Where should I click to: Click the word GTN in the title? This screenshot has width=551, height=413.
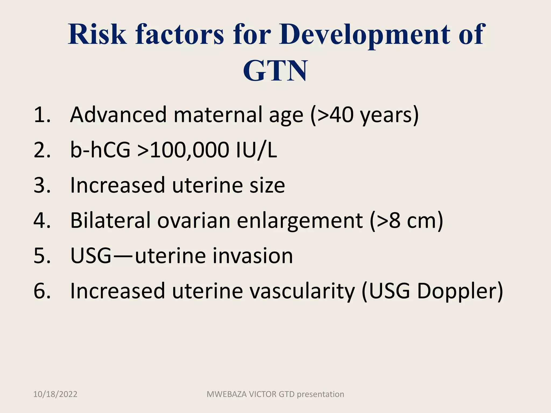point(275,71)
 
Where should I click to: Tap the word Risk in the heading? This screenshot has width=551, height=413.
point(97,34)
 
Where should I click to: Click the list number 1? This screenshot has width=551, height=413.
point(42,115)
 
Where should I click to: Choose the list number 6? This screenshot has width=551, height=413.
point(42,291)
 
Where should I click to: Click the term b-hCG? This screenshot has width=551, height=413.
point(100,150)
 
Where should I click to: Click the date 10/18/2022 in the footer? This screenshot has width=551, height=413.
point(55,394)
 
